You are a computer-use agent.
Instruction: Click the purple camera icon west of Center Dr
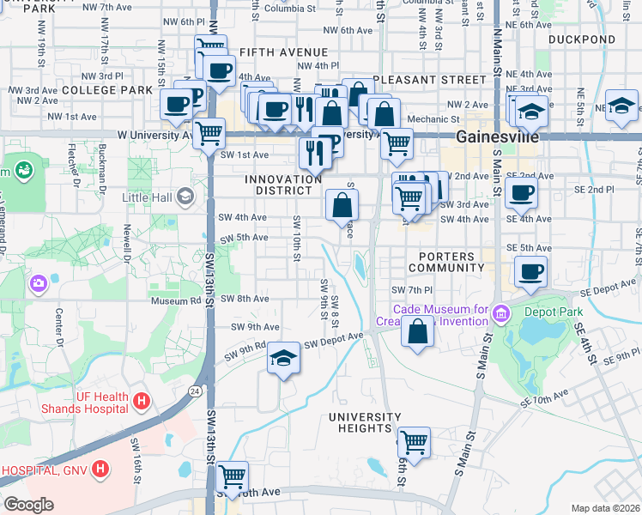click(38, 283)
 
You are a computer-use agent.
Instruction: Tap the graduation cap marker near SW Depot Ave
click(283, 358)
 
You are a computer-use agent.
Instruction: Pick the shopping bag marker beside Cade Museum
click(417, 332)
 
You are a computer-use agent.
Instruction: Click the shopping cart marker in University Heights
click(414, 442)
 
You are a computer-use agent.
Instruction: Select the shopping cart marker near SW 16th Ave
click(232, 476)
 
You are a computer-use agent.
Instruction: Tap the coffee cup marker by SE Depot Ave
click(530, 272)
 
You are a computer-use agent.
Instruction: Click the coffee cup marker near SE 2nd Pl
click(521, 193)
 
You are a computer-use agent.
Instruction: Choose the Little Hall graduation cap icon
click(185, 197)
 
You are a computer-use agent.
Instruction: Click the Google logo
click(28, 505)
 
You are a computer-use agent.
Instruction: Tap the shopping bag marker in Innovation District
click(342, 205)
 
